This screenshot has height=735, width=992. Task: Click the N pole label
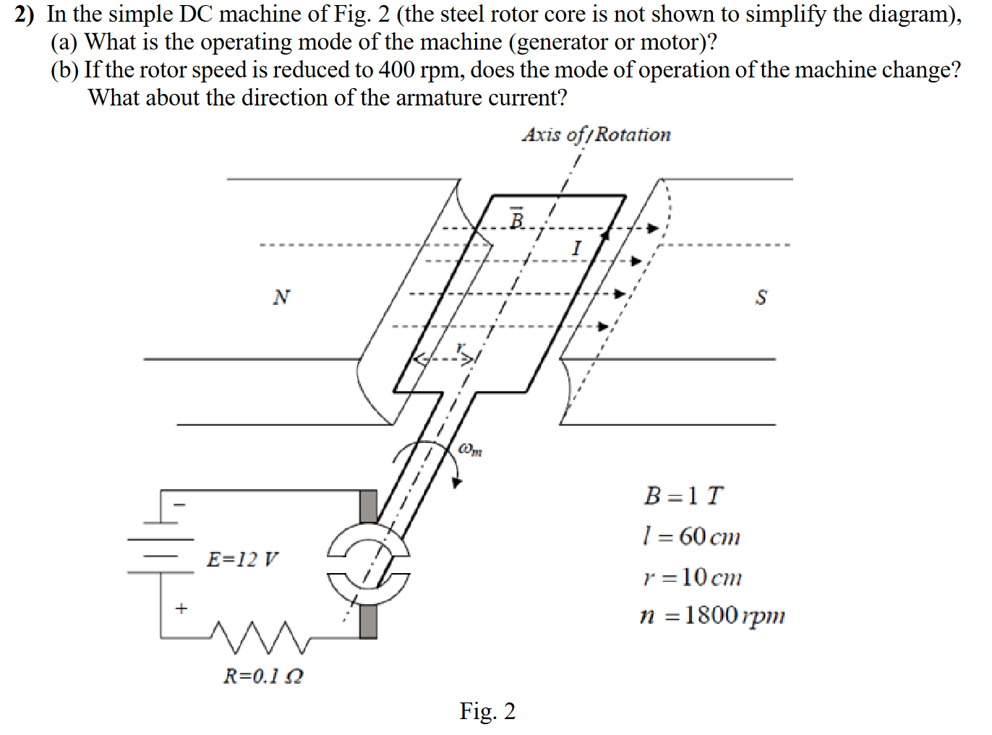[x=282, y=297]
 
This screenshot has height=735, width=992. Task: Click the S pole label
[x=761, y=297]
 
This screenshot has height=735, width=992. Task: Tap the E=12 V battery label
[x=242, y=559]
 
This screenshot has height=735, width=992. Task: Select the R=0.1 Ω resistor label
[x=263, y=676]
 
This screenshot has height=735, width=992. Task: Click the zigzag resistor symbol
[x=260, y=635]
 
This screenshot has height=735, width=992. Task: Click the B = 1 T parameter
[x=683, y=496]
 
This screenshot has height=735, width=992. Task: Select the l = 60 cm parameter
[x=691, y=536]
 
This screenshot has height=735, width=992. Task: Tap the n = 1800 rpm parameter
[x=712, y=615]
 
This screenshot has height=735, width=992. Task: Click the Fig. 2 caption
[x=487, y=711]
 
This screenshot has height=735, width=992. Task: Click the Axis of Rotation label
[x=596, y=134]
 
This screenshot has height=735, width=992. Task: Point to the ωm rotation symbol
[x=470, y=450]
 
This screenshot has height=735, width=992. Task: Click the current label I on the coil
[x=576, y=248]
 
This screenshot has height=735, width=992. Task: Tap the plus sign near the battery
[x=181, y=609]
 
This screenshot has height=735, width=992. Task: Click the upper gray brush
[x=369, y=506]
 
